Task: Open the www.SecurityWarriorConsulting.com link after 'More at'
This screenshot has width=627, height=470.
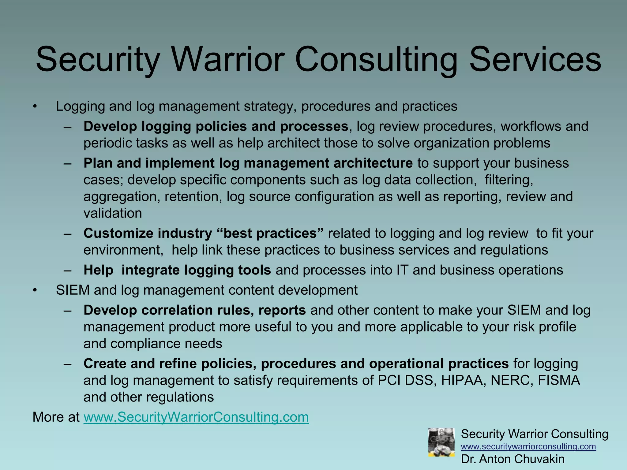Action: [x=196, y=417]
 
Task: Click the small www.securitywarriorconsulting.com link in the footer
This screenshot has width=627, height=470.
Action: [x=528, y=446]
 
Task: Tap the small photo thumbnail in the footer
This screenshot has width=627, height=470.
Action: [x=441, y=442]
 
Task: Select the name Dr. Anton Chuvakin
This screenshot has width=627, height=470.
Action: [x=513, y=459]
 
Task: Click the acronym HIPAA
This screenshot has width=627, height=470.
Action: [x=463, y=380]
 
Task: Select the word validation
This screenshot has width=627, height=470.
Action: [x=113, y=213]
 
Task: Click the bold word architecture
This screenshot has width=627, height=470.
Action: [x=373, y=163]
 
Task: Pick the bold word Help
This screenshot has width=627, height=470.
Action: [x=98, y=270]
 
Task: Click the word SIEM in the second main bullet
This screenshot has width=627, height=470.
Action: [x=73, y=290]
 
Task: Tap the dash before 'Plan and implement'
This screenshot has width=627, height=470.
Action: [x=68, y=163]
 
